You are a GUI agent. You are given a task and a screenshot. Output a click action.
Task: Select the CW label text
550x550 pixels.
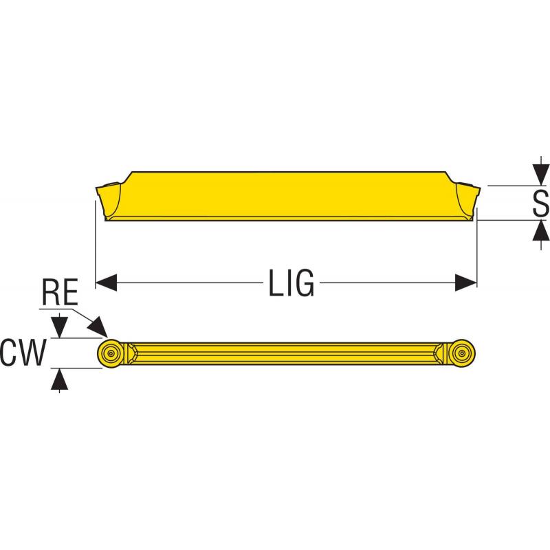point(23,353)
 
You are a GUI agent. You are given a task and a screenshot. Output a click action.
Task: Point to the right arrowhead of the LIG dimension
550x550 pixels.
point(467,282)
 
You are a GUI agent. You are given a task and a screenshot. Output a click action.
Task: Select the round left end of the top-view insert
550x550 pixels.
point(110,353)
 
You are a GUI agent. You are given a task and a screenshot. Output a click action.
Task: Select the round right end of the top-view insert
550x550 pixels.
point(462,353)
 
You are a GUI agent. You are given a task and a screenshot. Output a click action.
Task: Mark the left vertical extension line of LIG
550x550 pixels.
point(94,241)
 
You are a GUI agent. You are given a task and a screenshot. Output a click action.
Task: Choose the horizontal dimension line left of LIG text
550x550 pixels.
point(186,282)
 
